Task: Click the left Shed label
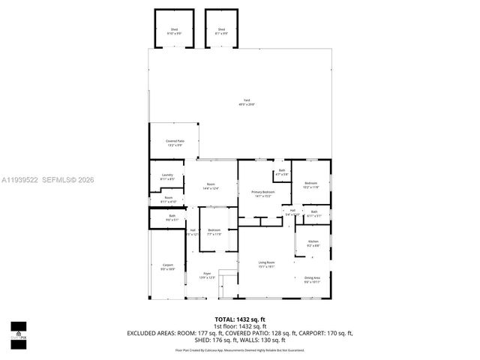pos(173,30)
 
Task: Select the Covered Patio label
pos(174,142)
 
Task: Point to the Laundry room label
pos(167,176)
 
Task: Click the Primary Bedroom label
pos(262,192)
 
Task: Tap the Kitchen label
pos(313,241)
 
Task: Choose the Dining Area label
pos(313,277)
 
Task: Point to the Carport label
pos(168,265)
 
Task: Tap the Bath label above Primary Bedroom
pos(282,171)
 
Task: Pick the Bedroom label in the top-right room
pos(311,182)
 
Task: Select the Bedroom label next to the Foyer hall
pos(214,230)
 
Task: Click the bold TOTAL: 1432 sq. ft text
pos(240,319)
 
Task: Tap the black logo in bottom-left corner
pos(18,330)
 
